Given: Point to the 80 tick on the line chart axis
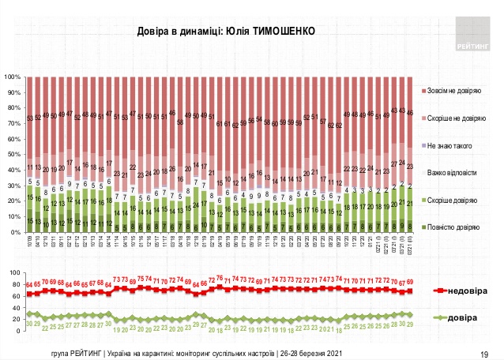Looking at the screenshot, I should (x=14, y=283).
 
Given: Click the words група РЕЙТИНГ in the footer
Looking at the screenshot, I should (x=76, y=352).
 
